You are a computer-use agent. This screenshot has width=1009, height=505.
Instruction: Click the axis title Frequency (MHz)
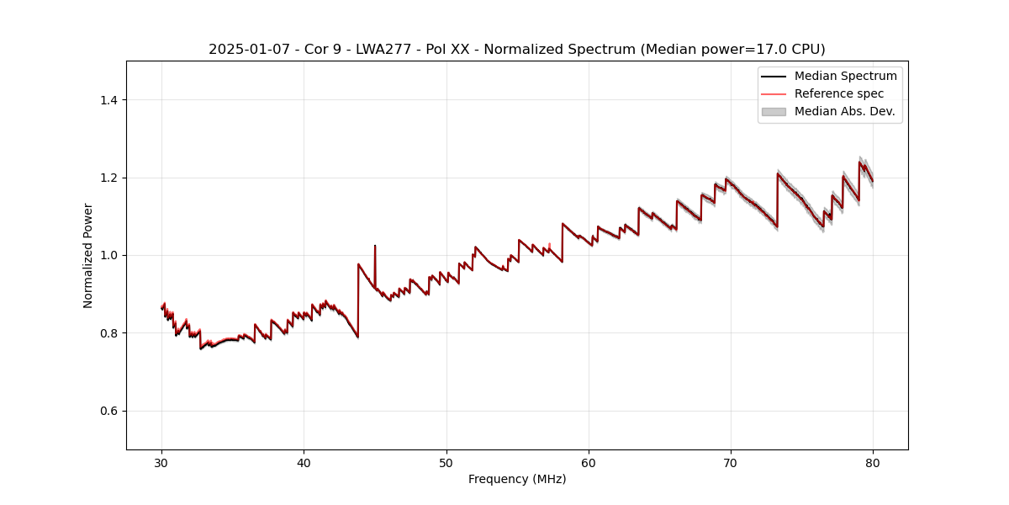pos(517,479)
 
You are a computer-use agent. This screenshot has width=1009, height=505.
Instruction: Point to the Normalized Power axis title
pos(87,255)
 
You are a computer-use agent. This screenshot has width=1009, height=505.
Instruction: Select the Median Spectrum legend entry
pos(845,76)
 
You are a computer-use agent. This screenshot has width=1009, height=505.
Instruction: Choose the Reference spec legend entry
pos(838,93)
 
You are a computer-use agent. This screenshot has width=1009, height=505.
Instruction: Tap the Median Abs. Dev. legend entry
pos(844,111)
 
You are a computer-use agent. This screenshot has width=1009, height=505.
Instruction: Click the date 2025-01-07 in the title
pos(245,50)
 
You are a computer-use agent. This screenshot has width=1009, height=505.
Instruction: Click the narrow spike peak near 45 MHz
pos(375,246)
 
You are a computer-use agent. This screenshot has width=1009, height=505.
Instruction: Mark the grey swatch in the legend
pos(774,111)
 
